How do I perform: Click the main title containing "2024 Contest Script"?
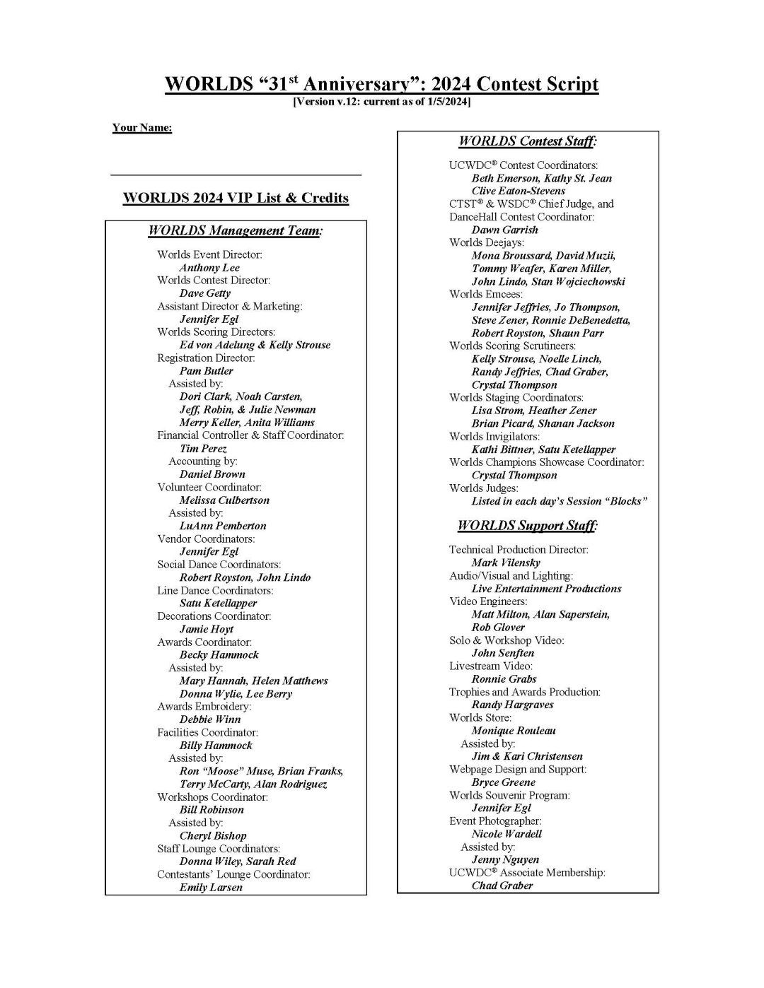[x=381, y=84]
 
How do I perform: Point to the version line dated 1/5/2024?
[x=381, y=102]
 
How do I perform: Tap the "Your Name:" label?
[x=141, y=128]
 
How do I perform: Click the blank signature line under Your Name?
[x=236, y=174]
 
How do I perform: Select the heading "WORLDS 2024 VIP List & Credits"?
[x=236, y=198]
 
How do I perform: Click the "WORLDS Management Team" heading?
[x=235, y=231]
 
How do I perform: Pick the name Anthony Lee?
[x=209, y=268]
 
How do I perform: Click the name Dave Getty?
[x=205, y=293]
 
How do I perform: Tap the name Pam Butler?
[x=206, y=371]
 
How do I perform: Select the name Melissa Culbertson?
[x=224, y=500]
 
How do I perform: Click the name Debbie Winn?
[x=210, y=719]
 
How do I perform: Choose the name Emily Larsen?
[x=211, y=888]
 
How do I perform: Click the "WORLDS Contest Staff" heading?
[x=528, y=141]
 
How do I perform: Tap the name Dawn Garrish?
[x=505, y=230]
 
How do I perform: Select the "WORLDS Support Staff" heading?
[x=527, y=526]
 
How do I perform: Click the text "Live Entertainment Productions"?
[x=546, y=589]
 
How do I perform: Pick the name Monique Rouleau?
[x=514, y=731]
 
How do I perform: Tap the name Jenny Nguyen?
[x=505, y=860]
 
